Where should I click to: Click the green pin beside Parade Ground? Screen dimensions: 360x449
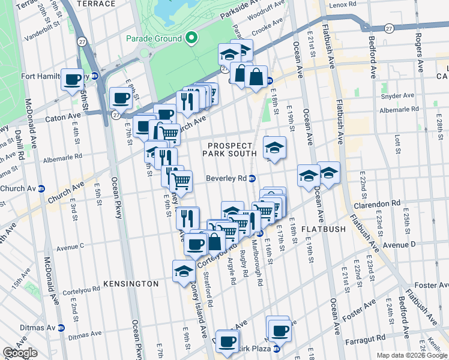(191, 38)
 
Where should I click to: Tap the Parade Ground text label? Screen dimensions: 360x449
(154, 38)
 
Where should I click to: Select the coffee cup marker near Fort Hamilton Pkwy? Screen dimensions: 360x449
(73, 79)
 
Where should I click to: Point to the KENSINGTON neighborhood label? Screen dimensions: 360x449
(130, 283)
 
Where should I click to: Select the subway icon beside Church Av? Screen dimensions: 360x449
(41, 188)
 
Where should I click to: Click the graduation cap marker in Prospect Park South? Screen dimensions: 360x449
(274, 148)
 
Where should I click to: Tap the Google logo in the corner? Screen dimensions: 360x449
(20, 353)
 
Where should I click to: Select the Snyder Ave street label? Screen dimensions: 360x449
(397, 95)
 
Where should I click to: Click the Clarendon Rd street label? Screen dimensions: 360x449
(376, 205)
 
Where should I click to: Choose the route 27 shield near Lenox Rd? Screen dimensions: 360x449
(390, 28)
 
